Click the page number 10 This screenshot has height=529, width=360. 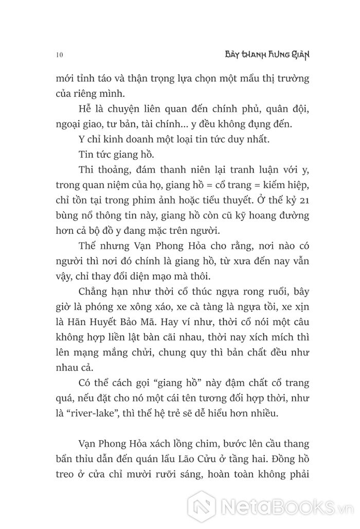57,54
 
